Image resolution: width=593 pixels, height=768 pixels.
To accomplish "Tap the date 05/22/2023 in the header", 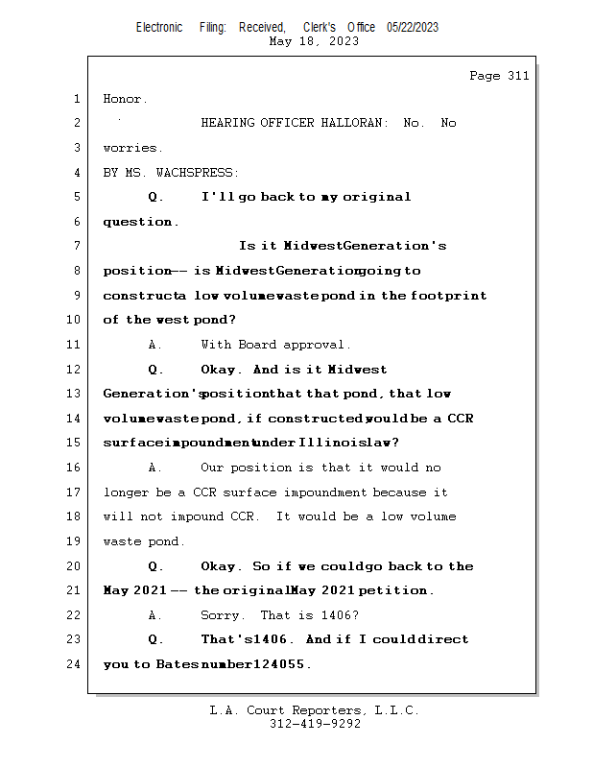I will click(413, 28).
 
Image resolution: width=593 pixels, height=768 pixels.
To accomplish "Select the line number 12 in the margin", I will click(75, 370).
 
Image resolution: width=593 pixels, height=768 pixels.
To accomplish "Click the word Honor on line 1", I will click(124, 99).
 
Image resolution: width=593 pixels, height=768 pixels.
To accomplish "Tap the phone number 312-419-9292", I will click(315, 724).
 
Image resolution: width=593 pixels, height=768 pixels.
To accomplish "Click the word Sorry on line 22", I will click(222, 615).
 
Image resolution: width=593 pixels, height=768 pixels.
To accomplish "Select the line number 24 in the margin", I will click(75, 664).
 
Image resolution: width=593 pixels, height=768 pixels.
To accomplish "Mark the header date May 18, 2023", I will click(315, 41).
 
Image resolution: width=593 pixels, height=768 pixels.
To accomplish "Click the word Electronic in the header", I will click(159, 28).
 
